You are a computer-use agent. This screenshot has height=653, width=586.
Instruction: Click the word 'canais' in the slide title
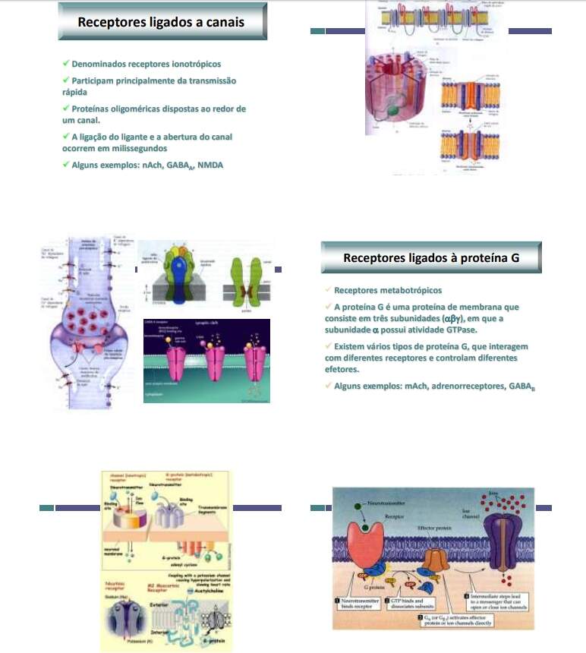point(225,22)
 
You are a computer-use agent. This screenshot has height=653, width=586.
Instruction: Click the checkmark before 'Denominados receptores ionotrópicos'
point(66,64)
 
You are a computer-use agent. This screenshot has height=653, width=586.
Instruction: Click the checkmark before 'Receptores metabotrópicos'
point(327,289)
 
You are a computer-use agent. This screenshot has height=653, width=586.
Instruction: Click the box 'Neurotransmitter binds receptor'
point(358,605)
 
